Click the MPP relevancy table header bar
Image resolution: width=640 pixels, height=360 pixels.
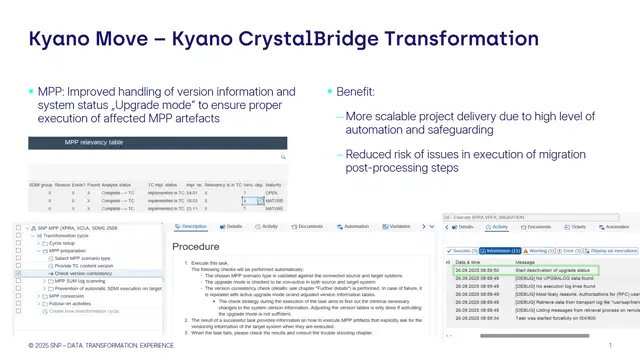click(x=157, y=142)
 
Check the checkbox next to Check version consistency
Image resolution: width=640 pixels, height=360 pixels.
click(x=19, y=273)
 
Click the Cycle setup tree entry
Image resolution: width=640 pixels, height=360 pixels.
click(x=69, y=243)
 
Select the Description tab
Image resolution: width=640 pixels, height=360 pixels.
click(x=193, y=227)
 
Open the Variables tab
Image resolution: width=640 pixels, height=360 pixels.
click(x=398, y=227)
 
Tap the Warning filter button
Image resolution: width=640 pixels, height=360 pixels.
click(x=541, y=251)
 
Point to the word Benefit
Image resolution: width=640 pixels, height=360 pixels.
click(x=355, y=91)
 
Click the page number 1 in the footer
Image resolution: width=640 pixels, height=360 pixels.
click(x=610, y=345)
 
